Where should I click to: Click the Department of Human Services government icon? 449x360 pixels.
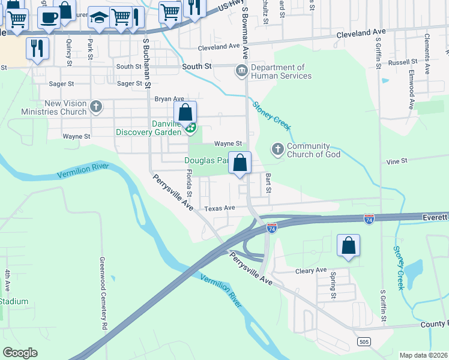point(241,72)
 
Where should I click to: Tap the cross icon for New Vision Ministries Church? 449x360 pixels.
point(95,108)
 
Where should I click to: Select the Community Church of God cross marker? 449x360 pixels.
point(277,148)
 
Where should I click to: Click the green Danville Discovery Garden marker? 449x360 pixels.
point(190,127)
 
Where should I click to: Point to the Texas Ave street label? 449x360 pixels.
point(219,208)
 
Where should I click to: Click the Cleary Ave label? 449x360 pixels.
point(311,271)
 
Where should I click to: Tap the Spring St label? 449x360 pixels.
point(333,286)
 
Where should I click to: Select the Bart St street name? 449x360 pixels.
point(268,184)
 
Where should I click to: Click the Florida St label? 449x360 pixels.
point(188,184)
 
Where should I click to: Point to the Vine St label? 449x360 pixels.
point(397,161)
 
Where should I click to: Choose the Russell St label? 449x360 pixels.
point(402,62)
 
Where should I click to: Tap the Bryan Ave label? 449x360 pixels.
point(169,98)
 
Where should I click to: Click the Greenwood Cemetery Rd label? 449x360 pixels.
point(104,294)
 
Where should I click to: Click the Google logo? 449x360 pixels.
point(20,353)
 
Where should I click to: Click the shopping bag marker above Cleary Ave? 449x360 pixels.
point(348,245)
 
